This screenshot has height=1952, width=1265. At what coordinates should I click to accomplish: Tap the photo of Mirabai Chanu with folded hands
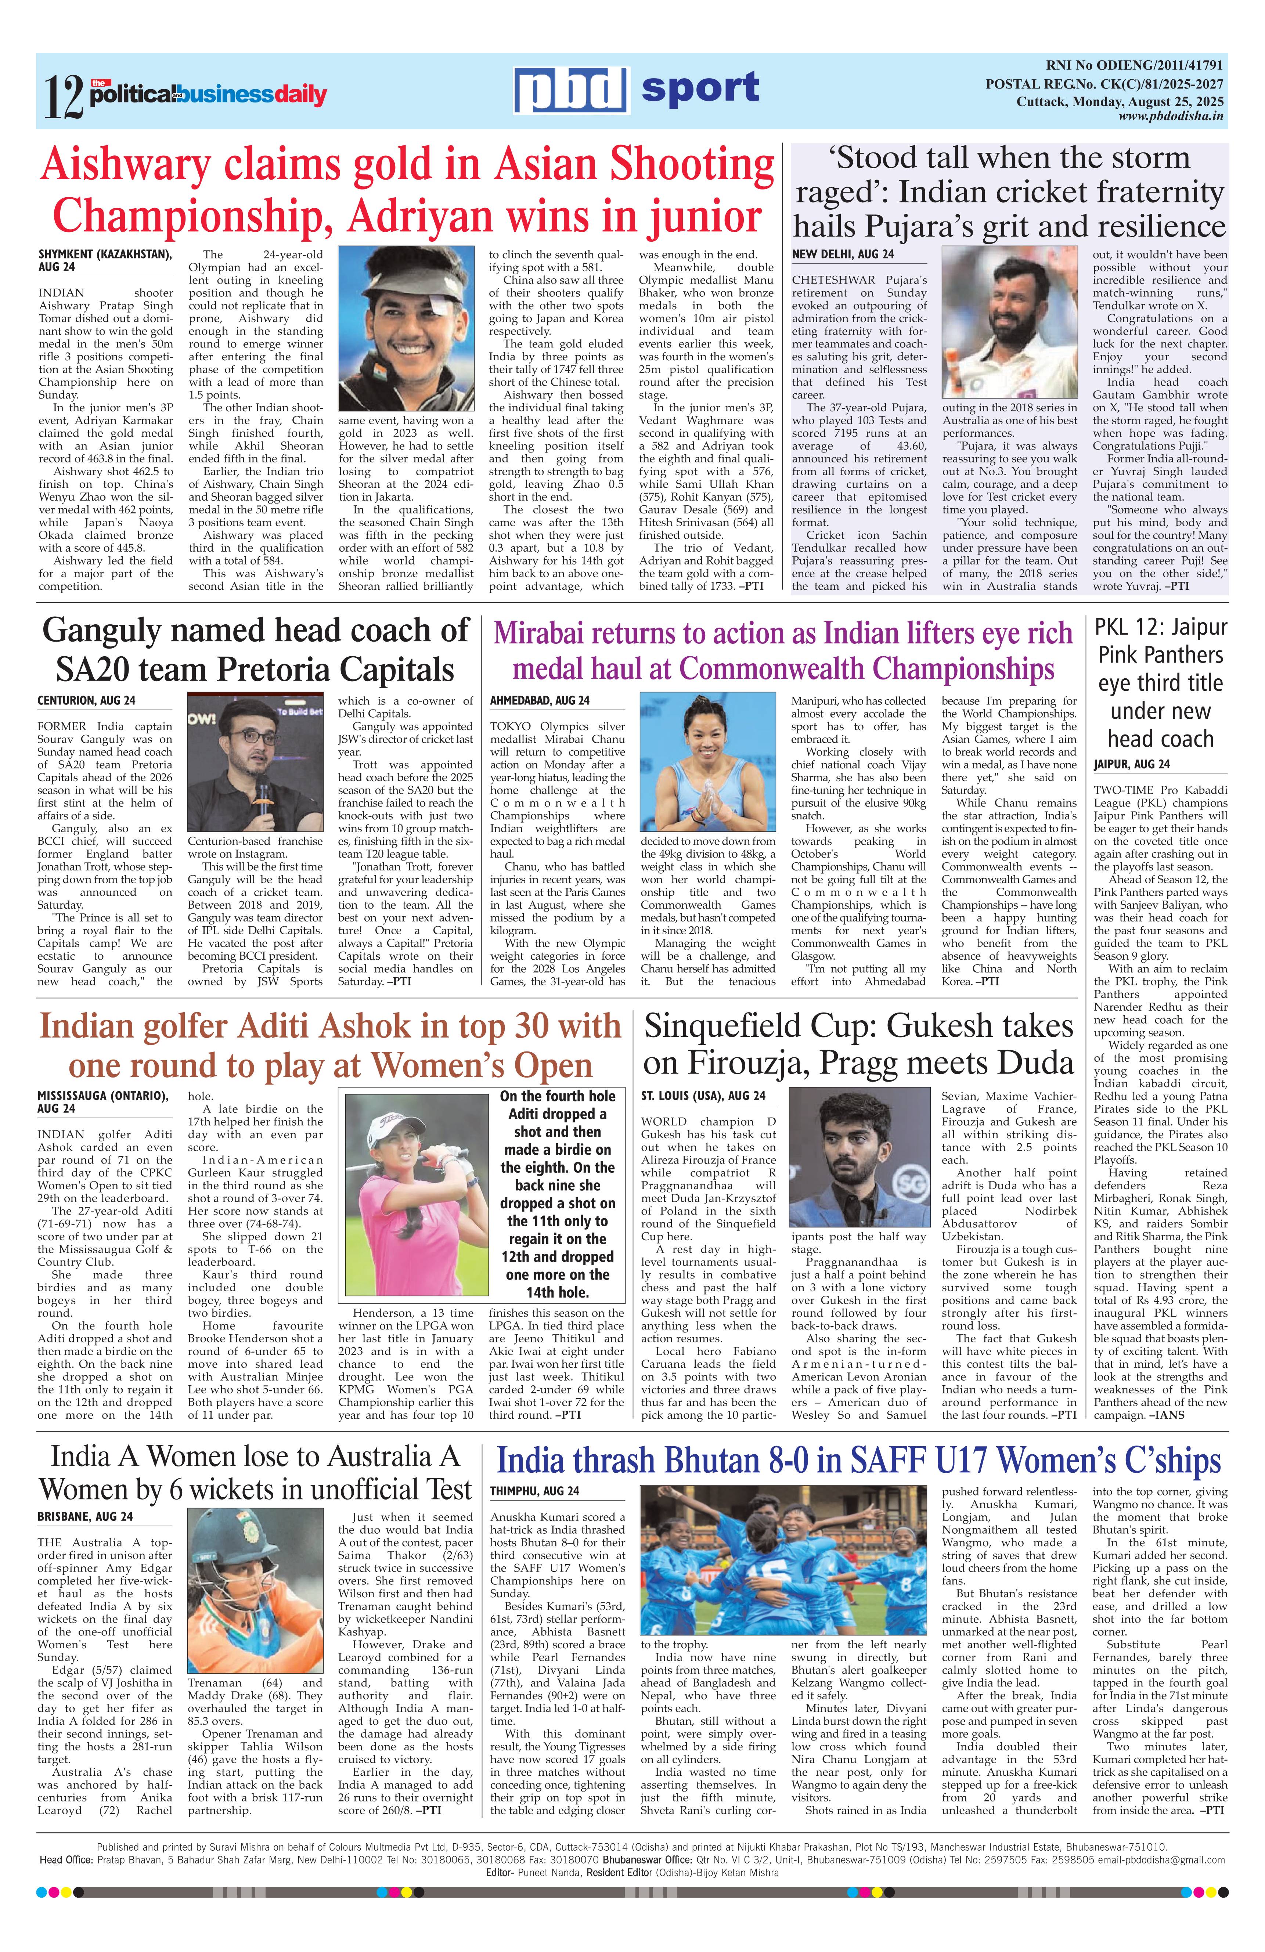pos(707,763)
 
